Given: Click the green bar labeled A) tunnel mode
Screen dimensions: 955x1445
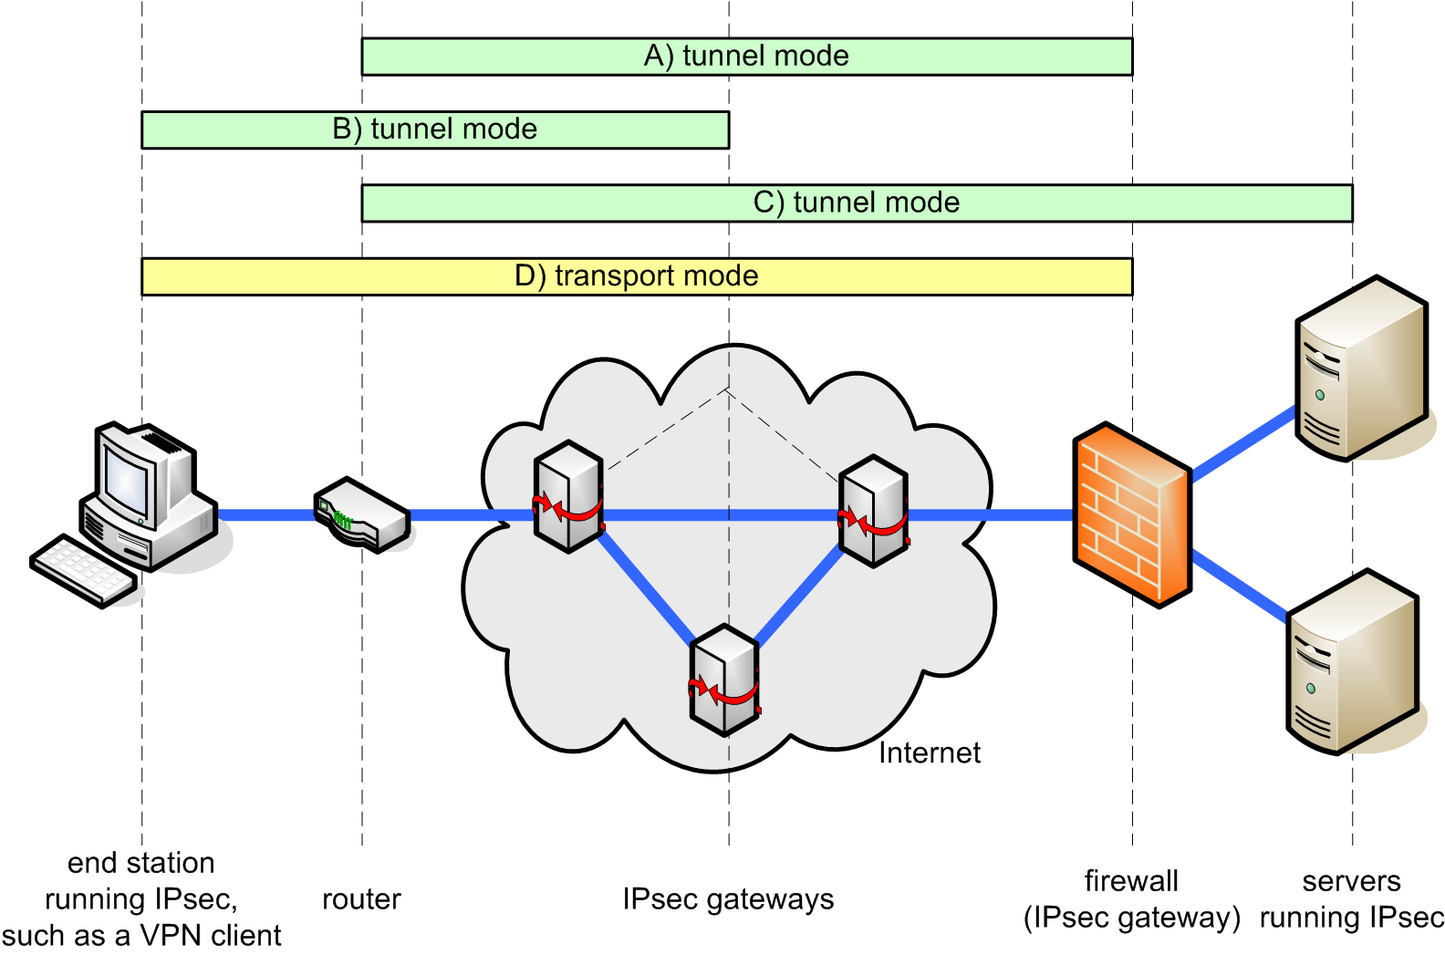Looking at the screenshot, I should (x=746, y=57).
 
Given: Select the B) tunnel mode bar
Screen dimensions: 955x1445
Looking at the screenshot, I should (x=435, y=130).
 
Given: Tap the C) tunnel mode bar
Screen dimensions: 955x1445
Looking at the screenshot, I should (x=857, y=202).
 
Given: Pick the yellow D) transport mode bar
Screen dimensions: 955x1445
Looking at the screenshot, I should (x=637, y=276).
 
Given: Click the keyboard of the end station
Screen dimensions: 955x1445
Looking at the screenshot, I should (x=83, y=569).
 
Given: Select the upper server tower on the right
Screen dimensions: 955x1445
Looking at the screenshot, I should (x=1360, y=369).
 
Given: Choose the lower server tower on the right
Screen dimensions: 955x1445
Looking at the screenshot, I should (x=1352, y=661).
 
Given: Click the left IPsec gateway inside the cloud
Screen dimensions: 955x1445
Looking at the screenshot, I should (x=568, y=497).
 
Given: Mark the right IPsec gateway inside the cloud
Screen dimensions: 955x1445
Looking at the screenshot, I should (x=873, y=511).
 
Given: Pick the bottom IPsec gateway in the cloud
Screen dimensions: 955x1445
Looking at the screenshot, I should (x=724, y=680).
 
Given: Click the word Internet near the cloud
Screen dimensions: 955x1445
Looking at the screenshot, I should (x=929, y=753).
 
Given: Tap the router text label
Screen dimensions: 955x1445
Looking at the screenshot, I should (x=361, y=899).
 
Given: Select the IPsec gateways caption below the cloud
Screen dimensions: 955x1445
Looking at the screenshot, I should (x=728, y=899).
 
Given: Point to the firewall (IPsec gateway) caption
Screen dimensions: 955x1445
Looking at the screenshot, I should (x=1131, y=899).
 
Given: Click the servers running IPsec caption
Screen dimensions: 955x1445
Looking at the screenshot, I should (x=1351, y=899).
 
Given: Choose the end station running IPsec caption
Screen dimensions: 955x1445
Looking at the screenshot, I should (x=141, y=899).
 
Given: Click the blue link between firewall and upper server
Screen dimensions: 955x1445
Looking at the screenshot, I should (x=1243, y=444).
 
